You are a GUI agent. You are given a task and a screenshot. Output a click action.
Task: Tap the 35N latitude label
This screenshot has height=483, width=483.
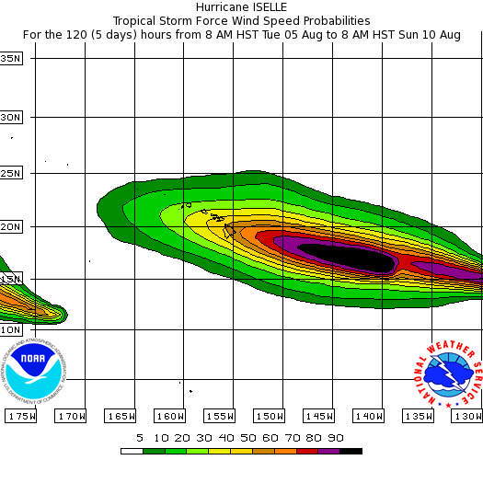10,58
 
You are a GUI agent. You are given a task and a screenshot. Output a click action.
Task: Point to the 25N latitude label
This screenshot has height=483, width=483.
10,172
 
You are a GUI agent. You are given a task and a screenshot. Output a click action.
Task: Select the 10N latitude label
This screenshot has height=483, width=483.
10,328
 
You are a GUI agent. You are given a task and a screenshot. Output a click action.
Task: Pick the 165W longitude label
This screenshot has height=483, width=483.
120,416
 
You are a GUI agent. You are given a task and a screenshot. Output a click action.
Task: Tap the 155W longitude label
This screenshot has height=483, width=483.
219,416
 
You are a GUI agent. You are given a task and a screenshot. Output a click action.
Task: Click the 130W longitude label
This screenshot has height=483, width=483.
467,416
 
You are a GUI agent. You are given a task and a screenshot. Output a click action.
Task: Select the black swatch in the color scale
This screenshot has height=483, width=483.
351,451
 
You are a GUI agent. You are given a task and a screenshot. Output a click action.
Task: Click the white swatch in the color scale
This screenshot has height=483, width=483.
131,451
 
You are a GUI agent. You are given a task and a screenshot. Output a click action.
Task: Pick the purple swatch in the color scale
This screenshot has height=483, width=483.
329,451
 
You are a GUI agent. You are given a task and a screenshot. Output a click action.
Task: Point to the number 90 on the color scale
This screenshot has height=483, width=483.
336,438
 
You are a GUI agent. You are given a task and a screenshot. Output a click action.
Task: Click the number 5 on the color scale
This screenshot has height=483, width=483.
140,438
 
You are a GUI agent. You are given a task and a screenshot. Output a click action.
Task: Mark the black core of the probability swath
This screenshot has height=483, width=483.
346,257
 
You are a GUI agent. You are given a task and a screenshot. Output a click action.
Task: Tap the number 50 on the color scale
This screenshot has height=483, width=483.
247,438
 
